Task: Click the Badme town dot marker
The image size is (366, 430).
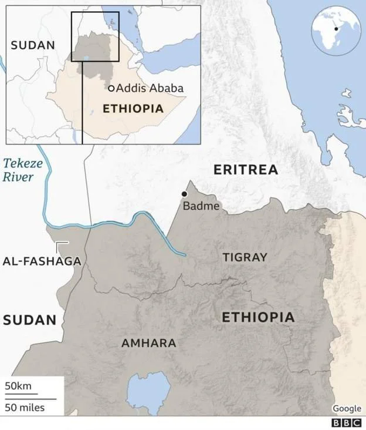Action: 184,194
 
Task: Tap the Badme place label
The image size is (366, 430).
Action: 201,206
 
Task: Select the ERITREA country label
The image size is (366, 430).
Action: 245,170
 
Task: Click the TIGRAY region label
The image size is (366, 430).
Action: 245,257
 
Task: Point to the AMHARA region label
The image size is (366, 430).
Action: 148,343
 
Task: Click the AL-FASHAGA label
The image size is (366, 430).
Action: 41,261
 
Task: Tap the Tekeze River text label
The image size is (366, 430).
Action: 22,170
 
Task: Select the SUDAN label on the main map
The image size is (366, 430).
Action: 29,320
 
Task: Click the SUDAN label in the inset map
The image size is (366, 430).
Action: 33,45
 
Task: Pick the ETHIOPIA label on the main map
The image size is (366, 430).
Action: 258,318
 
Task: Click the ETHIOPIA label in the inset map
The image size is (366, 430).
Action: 133,109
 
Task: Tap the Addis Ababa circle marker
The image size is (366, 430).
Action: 111,88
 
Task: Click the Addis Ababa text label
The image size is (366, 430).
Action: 150,88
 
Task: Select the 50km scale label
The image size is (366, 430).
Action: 18,386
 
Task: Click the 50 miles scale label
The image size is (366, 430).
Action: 25,407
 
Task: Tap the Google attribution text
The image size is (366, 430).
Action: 347,408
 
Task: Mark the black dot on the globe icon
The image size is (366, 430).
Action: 336,29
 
